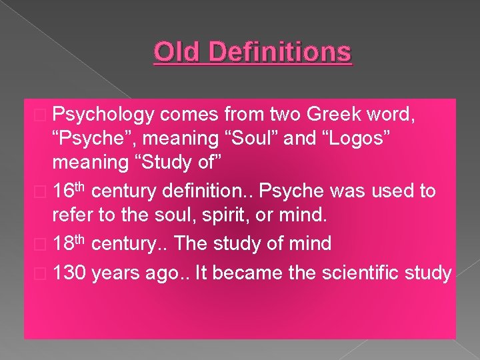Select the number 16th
pos(69,191)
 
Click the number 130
pos(70,273)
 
